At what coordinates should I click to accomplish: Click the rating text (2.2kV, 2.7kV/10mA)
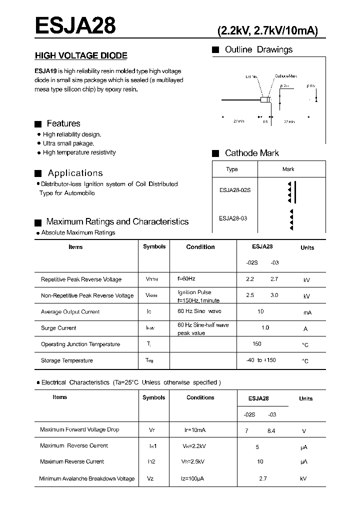[x=267, y=30]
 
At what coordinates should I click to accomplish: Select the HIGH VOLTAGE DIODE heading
[x=80, y=56]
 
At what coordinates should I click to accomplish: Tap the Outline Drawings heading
[x=258, y=49]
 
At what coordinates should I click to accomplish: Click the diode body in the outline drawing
[x=265, y=100]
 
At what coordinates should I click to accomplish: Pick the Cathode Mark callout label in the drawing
[x=285, y=76]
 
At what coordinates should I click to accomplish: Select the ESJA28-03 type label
[x=233, y=218]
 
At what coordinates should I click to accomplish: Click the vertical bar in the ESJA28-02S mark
[x=294, y=192]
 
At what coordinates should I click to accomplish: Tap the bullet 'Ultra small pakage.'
[x=68, y=143]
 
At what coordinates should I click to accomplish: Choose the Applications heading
[x=75, y=173]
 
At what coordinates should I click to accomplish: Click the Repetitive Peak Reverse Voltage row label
[x=81, y=279]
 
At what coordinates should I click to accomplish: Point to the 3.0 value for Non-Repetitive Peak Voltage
[x=274, y=295]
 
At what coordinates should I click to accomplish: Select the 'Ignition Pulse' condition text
[x=194, y=292]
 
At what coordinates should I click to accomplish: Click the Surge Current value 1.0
[x=265, y=327]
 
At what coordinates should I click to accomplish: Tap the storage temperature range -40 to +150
[x=260, y=360]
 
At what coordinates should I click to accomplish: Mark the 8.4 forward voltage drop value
[x=271, y=430]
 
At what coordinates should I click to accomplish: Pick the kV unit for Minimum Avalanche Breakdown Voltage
[x=303, y=479]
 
